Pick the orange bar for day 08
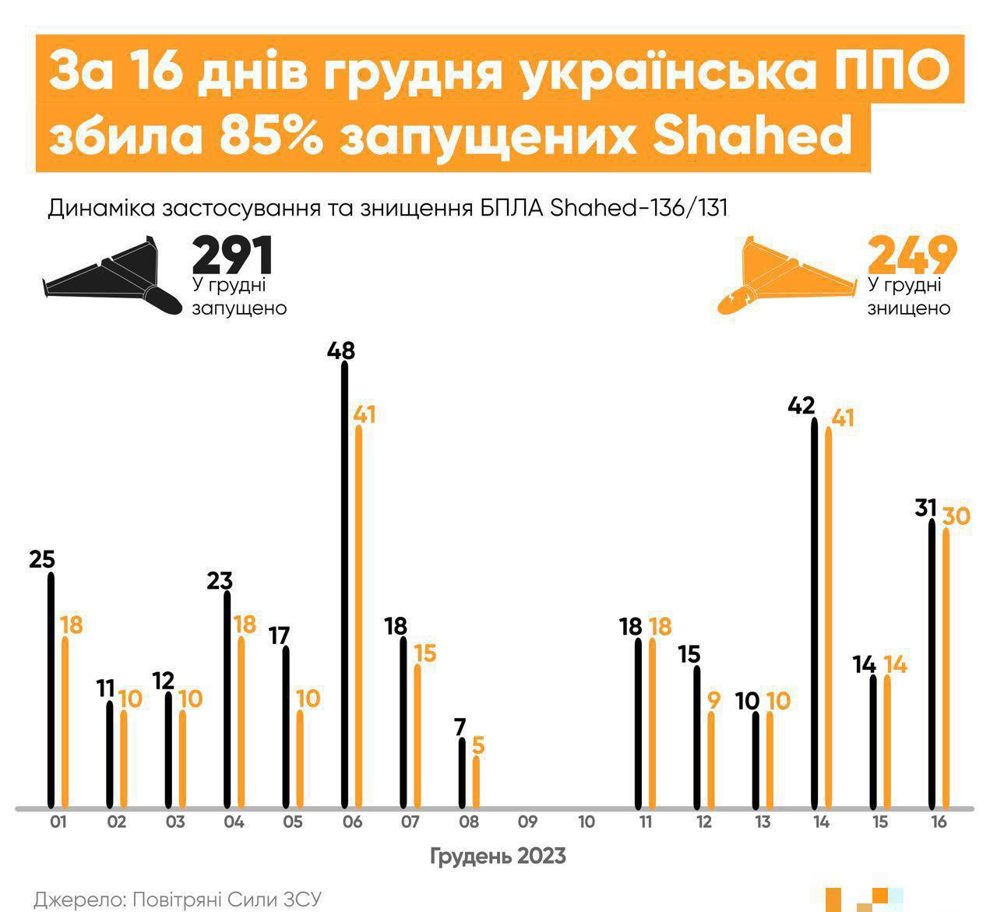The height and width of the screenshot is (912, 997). click(476, 782)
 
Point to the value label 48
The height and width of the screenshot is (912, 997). click(341, 351)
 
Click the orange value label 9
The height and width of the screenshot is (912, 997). click(713, 699)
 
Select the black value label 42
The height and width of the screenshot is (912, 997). click(801, 406)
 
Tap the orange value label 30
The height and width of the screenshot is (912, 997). click(956, 516)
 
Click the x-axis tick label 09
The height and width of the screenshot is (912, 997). click(527, 822)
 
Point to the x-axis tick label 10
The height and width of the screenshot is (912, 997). click(587, 822)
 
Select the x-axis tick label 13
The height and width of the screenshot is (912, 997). click(763, 822)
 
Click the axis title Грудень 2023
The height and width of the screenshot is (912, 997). click(498, 856)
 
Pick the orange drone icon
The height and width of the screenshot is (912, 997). click(787, 276)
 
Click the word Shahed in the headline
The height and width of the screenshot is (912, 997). click(752, 137)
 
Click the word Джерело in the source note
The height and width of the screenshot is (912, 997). click(73, 899)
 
